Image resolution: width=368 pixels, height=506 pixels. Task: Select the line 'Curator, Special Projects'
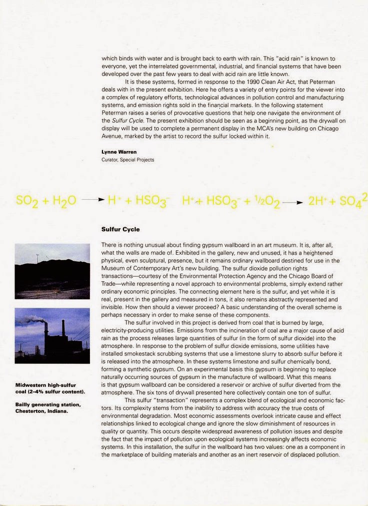click(127, 160)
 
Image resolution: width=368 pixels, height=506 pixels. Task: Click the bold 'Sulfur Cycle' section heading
click(120, 230)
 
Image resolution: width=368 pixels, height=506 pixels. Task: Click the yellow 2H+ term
click(317, 201)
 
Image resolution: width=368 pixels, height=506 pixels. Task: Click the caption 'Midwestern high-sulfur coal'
click(45, 388)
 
